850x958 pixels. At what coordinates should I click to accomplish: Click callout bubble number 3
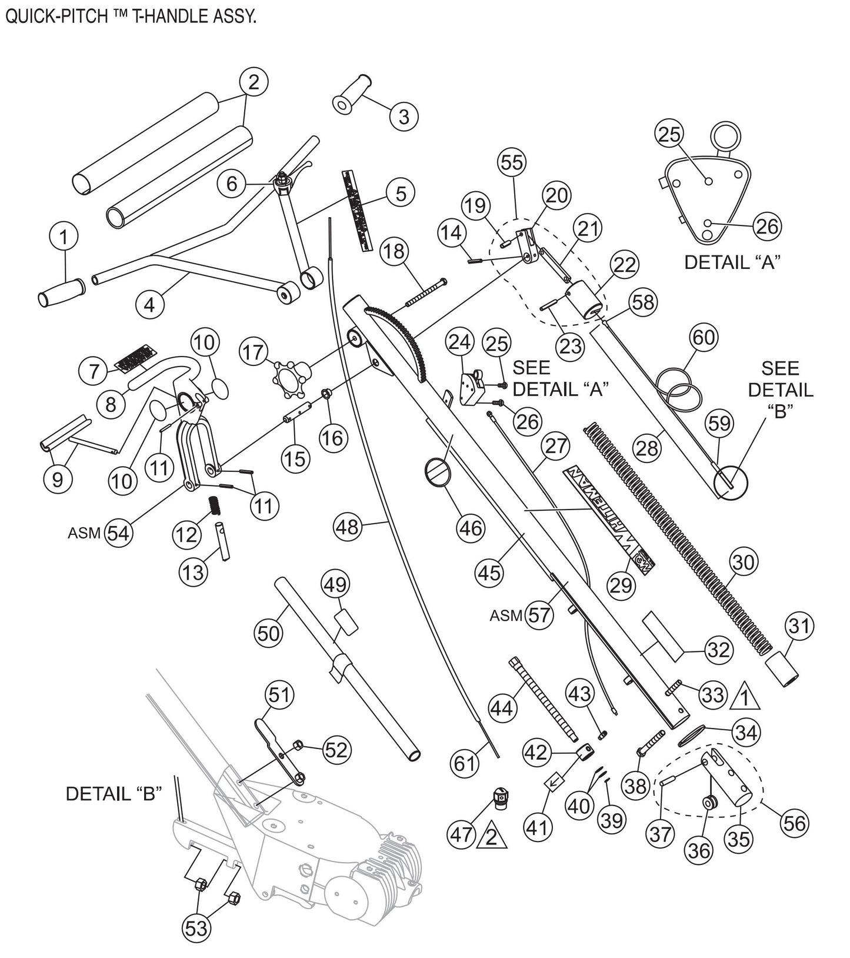(x=404, y=116)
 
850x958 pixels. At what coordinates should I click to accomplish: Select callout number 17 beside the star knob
(x=254, y=352)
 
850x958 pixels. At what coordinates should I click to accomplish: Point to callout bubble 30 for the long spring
(x=743, y=563)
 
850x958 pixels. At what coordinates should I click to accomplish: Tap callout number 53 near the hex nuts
(x=196, y=928)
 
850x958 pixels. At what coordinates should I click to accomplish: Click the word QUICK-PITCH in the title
(x=56, y=16)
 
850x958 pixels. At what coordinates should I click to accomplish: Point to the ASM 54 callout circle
(x=119, y=534)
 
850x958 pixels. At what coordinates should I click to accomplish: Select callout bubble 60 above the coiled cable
(x=704, y=337)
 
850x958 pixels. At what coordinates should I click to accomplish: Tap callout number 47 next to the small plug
(x=462, y=835)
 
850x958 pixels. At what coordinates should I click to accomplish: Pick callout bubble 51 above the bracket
(x=279, y=695)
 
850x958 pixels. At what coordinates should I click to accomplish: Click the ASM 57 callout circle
(x=539, y=615)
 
